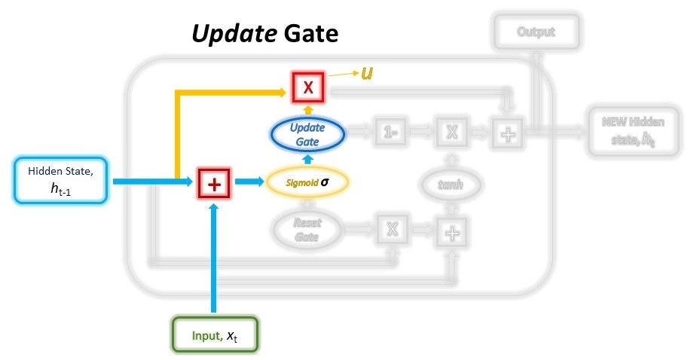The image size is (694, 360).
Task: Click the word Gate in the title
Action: (310, 34)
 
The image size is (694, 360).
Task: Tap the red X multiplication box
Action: (307, 87)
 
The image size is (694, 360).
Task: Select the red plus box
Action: (214, 182)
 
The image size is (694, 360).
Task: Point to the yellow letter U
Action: (368, 74)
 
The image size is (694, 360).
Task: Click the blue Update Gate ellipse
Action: (307, 134)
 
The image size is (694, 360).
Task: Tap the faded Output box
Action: (536, 32)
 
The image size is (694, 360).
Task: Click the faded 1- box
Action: (390, 133)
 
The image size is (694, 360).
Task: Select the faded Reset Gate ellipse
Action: (307, 230)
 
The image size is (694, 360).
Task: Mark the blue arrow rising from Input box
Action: (214, 256)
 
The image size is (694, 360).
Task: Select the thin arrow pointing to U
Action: (343, 75)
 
